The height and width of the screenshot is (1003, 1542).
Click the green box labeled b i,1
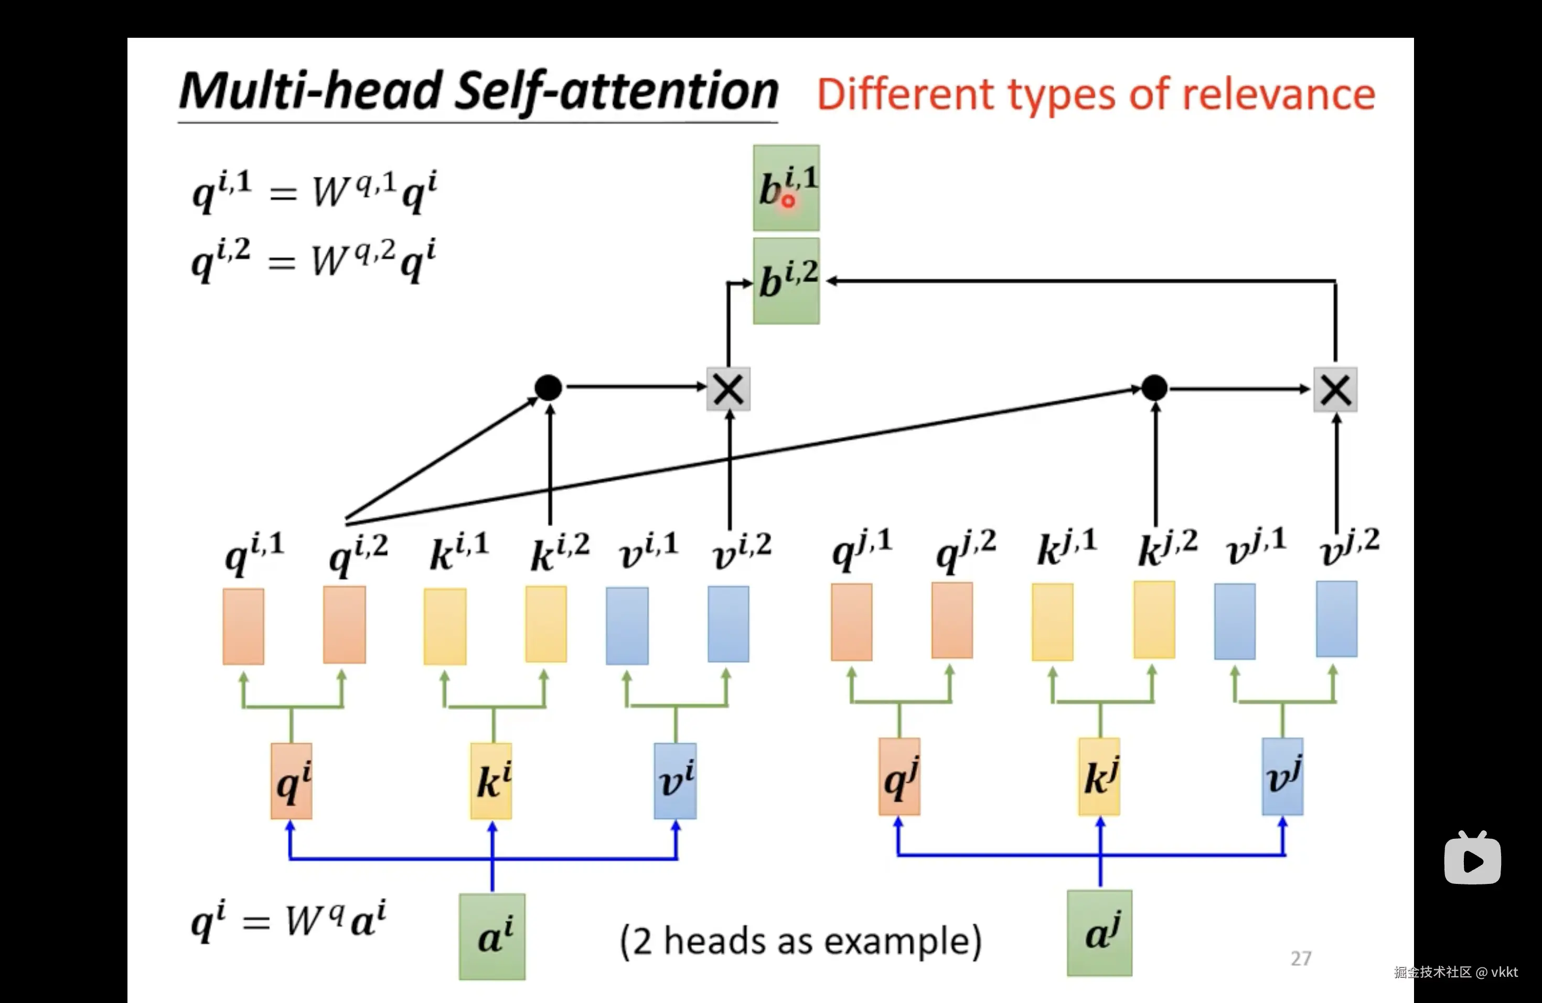(x=786, y=187)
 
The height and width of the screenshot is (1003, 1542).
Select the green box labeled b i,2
(x=786, y=281)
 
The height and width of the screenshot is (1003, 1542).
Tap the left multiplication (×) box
(x=728, y=389)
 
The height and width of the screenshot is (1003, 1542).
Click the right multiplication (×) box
(x=1335, y=389)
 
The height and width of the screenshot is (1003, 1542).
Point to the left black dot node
(x=548, y=388)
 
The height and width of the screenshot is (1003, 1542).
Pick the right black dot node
(x=1154, y=388)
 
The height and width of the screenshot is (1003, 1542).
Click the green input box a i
(x=492, y=936)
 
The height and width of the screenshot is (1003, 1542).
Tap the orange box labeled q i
(x=292, y=781)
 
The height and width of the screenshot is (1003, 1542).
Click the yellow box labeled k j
(x=1099, y=776)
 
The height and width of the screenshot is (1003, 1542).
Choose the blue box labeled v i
(x=675, y=781)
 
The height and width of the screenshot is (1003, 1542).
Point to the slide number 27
(x=1300, y=958)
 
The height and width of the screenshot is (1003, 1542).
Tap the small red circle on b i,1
(x=788, y=201)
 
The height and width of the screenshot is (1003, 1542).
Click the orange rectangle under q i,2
(x=344, y=625)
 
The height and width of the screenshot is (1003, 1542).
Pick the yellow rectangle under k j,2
(x=1154, y=620)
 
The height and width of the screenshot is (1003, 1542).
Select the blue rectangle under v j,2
(x=1336, y=619)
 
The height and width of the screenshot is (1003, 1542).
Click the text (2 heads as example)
(x=801, y=941)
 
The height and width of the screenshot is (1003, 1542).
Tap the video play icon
(x=1472, y=859)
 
